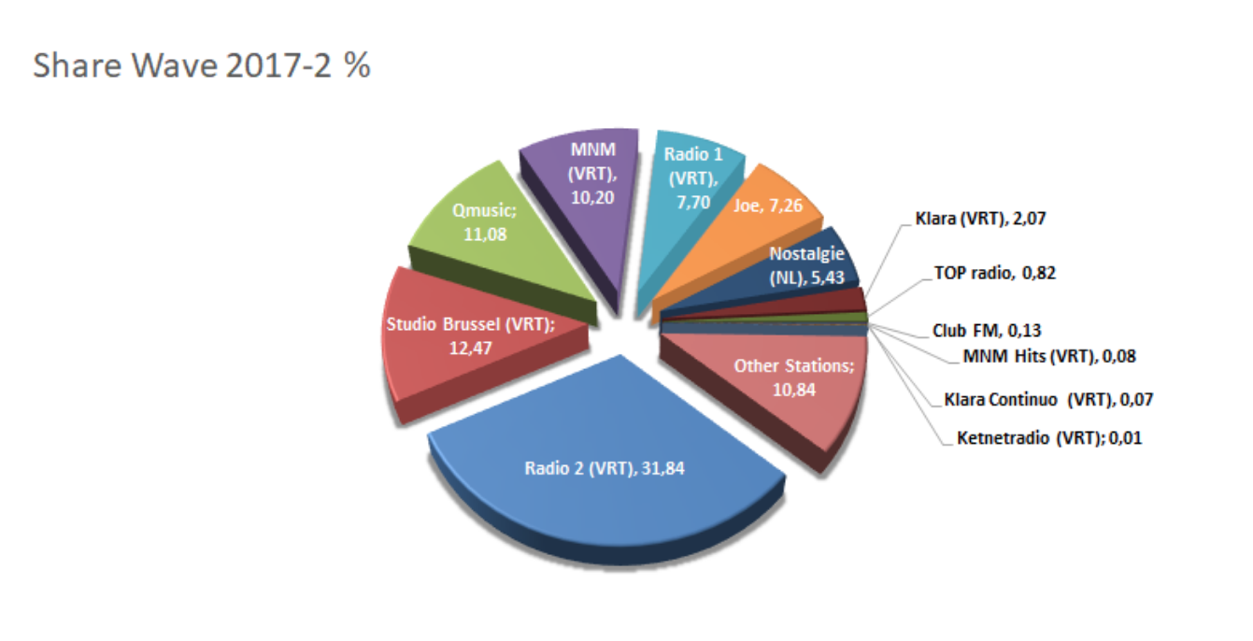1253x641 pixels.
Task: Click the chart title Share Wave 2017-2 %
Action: tap(202, 67)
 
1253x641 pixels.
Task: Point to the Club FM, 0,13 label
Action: tap(986, 330)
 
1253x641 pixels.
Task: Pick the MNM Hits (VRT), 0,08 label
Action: tap(1048, 355)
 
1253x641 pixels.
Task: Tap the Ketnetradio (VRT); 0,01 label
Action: tap(1049, 437)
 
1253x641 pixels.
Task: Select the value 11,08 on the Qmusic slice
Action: tap(485, 235)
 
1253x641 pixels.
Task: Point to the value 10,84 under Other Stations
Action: tap(793, 389)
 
